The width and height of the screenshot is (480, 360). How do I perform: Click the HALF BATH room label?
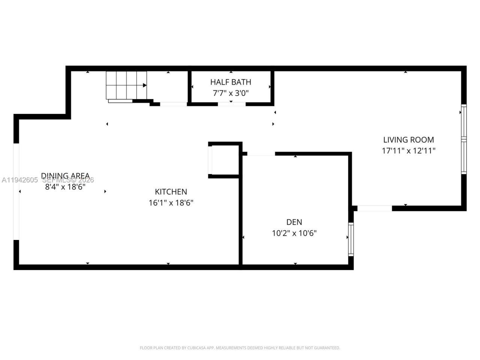coord(231,82)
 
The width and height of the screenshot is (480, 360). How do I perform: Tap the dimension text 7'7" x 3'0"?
coord(231,93)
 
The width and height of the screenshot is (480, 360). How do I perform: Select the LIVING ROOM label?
coord(408,139)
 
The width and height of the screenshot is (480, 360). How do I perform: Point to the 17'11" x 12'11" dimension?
coord(408,151)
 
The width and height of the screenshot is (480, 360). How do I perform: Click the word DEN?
coord(294,222)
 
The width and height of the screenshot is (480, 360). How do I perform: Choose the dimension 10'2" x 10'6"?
coord(294,233)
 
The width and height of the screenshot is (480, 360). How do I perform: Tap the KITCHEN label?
coord(171,192)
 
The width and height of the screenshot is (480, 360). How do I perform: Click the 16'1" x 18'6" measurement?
coord(171,203)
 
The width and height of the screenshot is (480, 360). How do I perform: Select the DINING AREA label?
coord(65,175)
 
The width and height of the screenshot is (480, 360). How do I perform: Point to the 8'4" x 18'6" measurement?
coord(65,186)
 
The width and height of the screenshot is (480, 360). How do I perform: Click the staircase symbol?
coord(126,85)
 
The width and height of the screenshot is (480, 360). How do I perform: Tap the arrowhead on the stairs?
coord(144,85)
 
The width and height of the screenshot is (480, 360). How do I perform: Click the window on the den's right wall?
coord(351,239)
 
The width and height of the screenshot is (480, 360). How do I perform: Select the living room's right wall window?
coord(464,139)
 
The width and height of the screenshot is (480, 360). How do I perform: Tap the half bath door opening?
coord(232,104)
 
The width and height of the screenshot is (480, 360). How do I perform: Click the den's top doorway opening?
coord(261,154)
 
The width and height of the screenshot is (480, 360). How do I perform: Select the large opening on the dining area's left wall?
coord(16,191)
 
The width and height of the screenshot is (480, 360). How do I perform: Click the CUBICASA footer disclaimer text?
coord(240,348)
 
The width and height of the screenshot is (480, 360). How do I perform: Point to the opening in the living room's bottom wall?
coord(374,208)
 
